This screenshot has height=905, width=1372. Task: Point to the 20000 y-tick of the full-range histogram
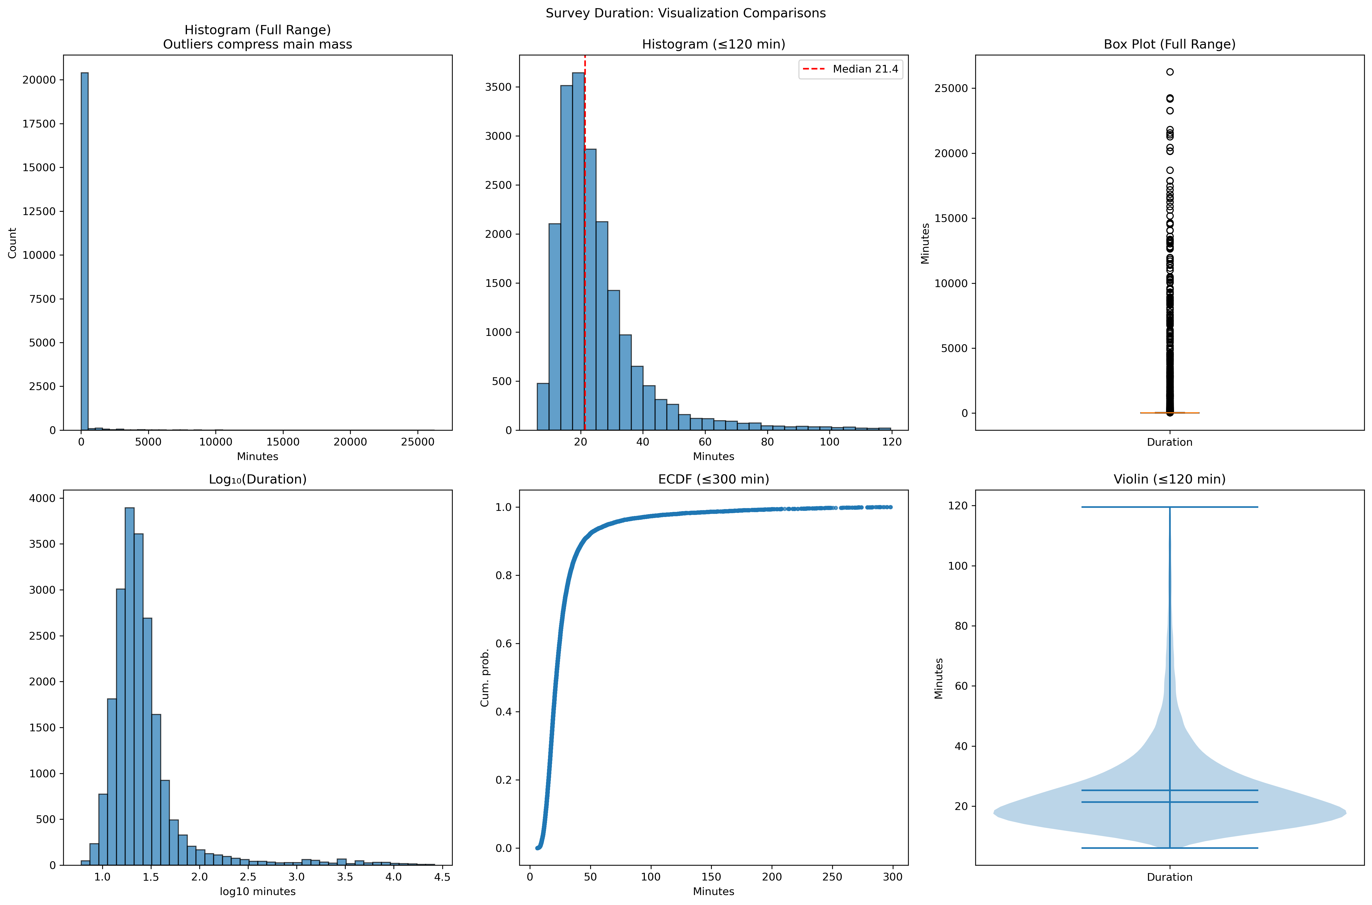click(39, 80)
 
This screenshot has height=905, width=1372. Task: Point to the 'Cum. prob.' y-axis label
click(485, 678)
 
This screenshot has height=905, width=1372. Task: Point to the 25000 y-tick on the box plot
click(951, 88)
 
